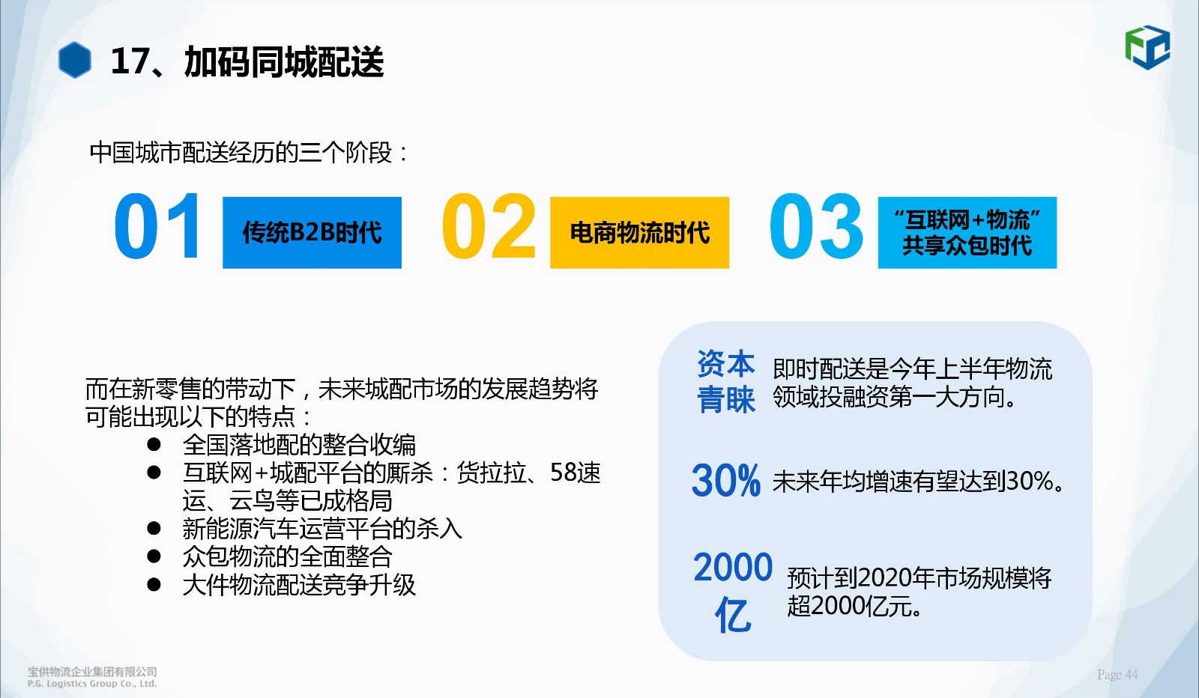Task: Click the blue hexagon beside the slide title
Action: coord(74,60)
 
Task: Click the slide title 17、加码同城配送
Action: coord(247,61)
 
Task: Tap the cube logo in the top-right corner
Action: coord(1147,47)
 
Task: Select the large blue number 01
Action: coord(157,226)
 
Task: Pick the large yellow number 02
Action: coord(489,226)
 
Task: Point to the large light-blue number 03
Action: coord(816,226)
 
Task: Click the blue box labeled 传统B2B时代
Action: coord(312,233)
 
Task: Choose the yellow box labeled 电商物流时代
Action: coord(640,233)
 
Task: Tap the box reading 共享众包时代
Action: coord(967,233)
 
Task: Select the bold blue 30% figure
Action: coord(726,480)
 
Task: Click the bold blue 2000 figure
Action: coord(733,567)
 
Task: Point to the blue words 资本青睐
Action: coord(726,382)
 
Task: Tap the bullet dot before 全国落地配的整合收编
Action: coord(154,444)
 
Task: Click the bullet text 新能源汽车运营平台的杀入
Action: coord(322,529)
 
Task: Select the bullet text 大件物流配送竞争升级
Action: coord(299,585)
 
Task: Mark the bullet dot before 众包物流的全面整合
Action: coord(154,556)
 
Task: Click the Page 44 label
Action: coord(1117,675)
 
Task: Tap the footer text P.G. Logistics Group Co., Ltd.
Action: coord(92,684)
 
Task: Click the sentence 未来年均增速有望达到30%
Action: coord(918,482)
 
